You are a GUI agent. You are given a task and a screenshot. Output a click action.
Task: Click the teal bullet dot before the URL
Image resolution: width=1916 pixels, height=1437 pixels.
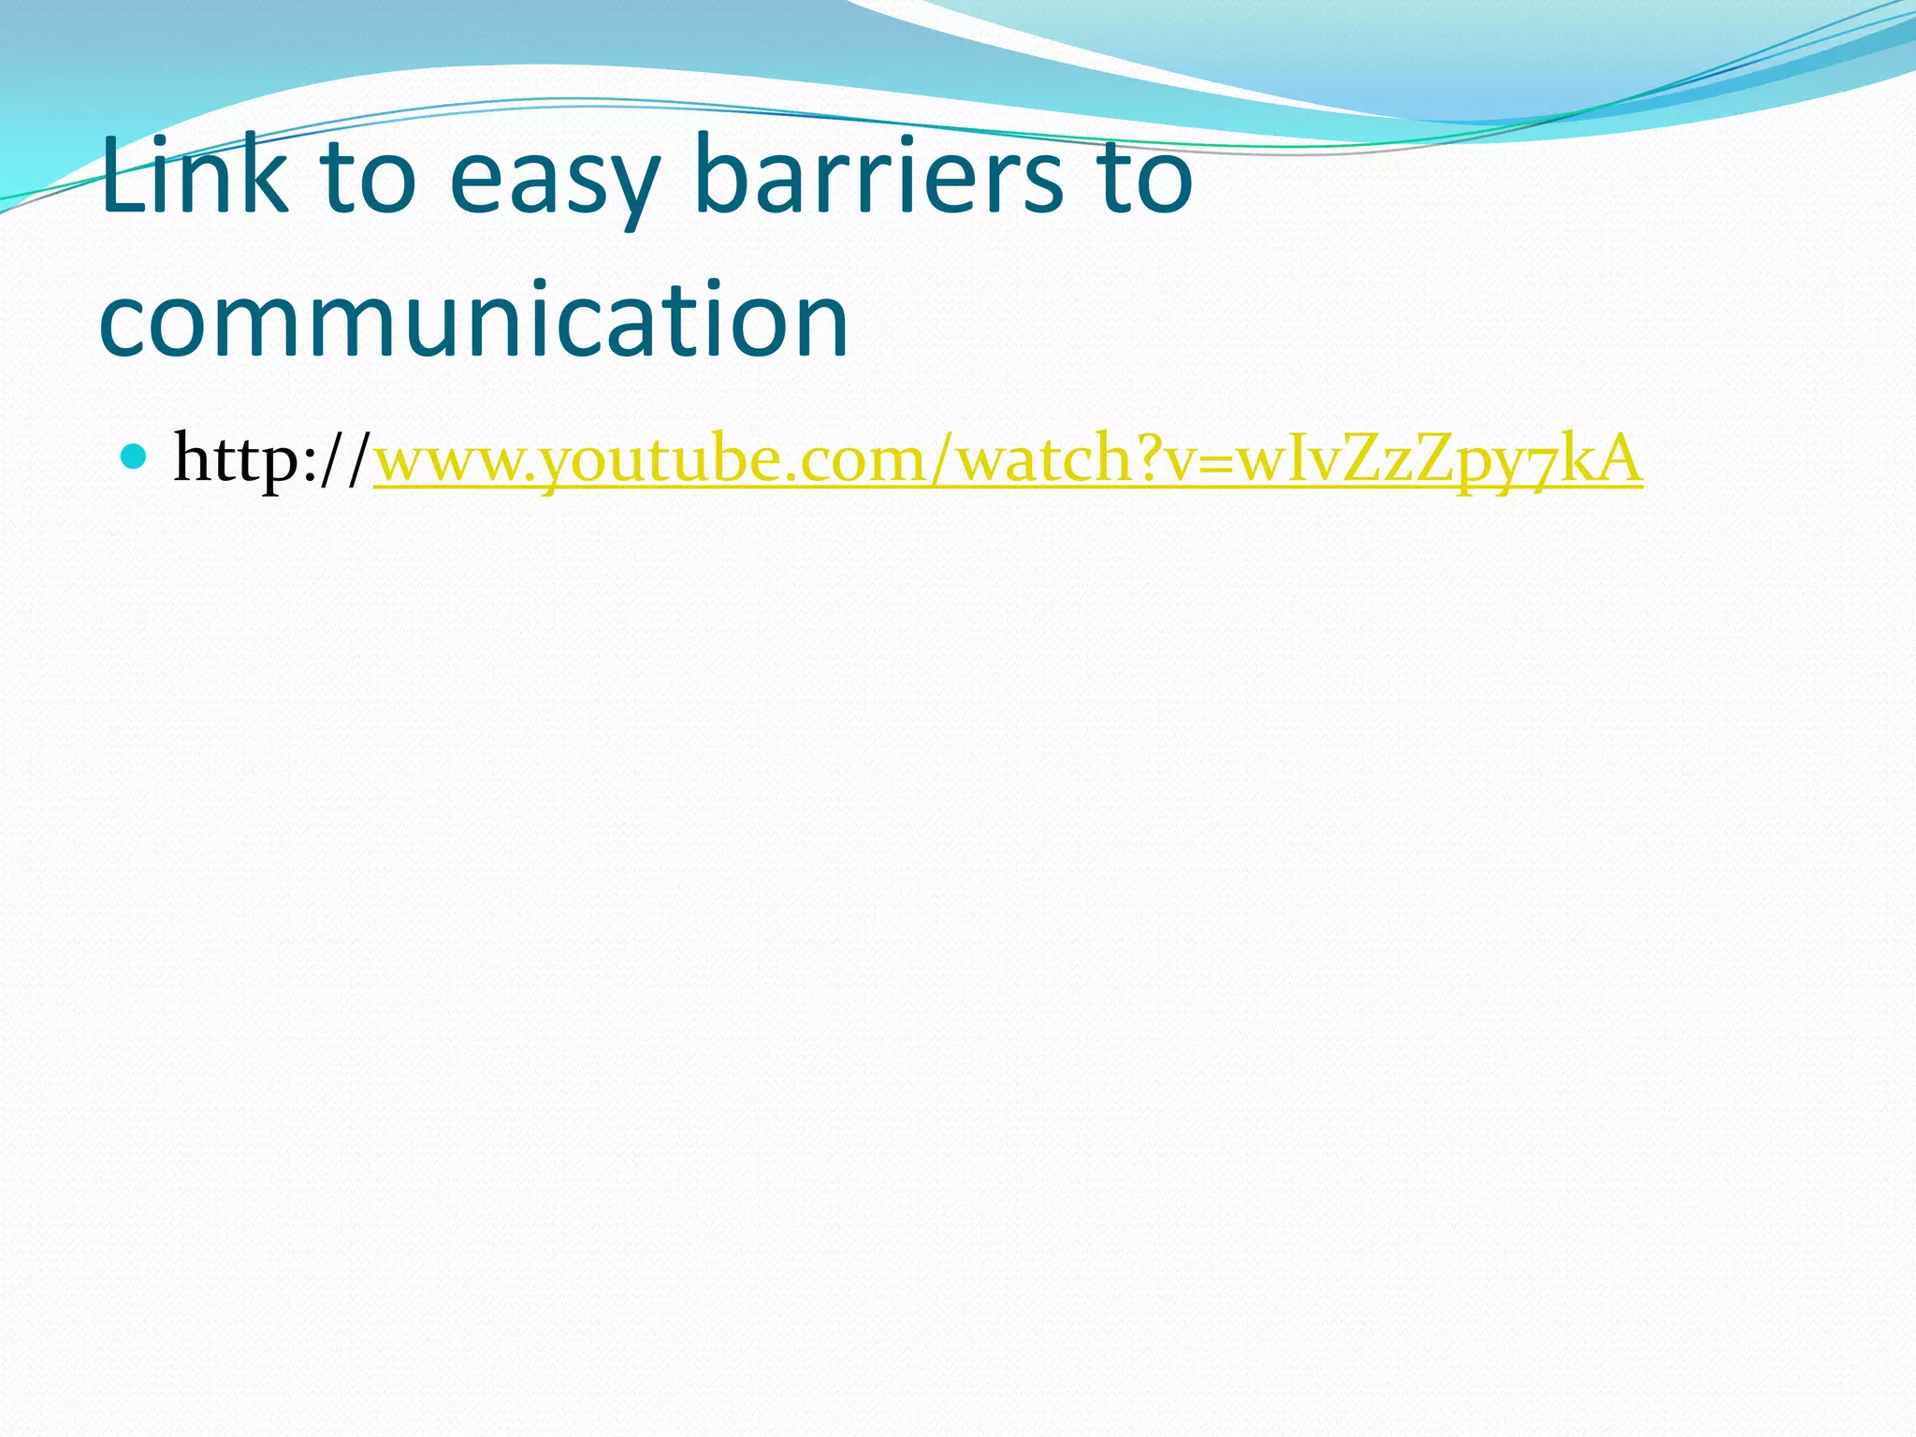click(x=135, y=457)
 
